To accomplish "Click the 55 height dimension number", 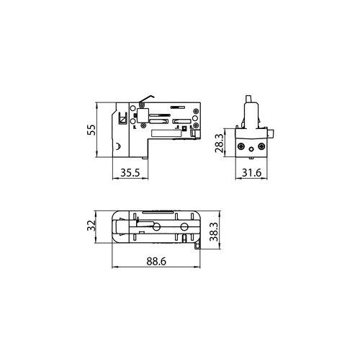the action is (91, 130).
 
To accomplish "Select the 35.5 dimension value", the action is (130, 172).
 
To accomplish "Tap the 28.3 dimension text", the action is (220, 143).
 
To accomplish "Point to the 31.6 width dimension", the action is (251, 172).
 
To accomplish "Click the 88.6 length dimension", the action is (156, 261).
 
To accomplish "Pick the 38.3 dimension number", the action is (214, 231).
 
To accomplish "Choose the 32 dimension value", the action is (91, 226).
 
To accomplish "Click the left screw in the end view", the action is (240, 146).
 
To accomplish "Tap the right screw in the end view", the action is (261, 146).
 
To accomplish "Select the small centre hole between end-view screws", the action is (251, 149).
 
